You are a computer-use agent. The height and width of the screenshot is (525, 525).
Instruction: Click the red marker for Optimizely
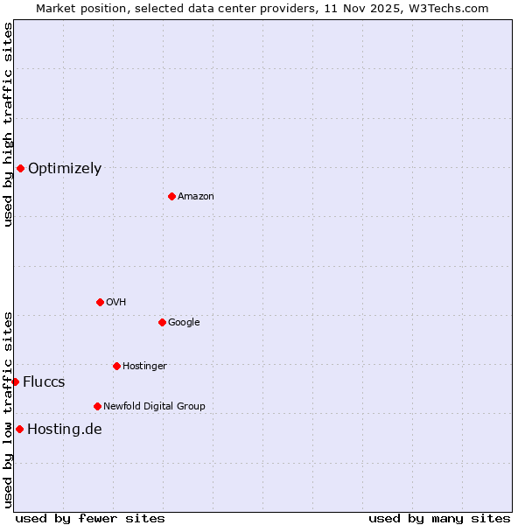tap(20, 168)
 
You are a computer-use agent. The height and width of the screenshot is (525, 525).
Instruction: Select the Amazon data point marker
tap(171, 196)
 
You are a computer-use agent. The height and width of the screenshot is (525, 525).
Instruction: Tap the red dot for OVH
tap(100, 302)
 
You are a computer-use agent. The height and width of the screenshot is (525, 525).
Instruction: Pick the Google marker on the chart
tap(162, 322)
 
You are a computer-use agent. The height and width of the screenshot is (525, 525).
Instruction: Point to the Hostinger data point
tap(116, 366)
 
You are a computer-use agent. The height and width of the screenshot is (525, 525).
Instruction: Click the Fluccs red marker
tap(15, 381)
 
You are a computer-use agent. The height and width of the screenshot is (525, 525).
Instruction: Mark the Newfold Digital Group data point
tap(97, 406)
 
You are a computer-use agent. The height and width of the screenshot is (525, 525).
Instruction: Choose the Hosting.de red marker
tap(19, 429)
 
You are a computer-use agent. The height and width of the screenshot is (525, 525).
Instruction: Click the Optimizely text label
tap(65, 169)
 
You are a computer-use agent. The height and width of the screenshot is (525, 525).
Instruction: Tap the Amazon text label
tap(196, 197)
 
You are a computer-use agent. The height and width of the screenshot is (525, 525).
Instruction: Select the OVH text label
tap(116, 303)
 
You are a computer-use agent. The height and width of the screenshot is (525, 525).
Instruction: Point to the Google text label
tap(184, 323)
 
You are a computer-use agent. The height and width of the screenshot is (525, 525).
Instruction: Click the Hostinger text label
tap(144, 367)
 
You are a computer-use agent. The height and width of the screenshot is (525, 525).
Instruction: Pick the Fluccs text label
tap(44, 382)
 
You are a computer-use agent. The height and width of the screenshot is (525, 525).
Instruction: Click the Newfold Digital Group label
tap(154, 407)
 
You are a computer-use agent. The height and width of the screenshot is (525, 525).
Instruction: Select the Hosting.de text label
tap(65, 430)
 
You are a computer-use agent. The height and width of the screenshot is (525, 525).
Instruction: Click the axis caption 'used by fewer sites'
tap(90, 518)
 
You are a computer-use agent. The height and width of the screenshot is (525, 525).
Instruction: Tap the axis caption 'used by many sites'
tap(439, 518)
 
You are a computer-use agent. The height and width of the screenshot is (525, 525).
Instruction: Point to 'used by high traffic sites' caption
tap(8, 124)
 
